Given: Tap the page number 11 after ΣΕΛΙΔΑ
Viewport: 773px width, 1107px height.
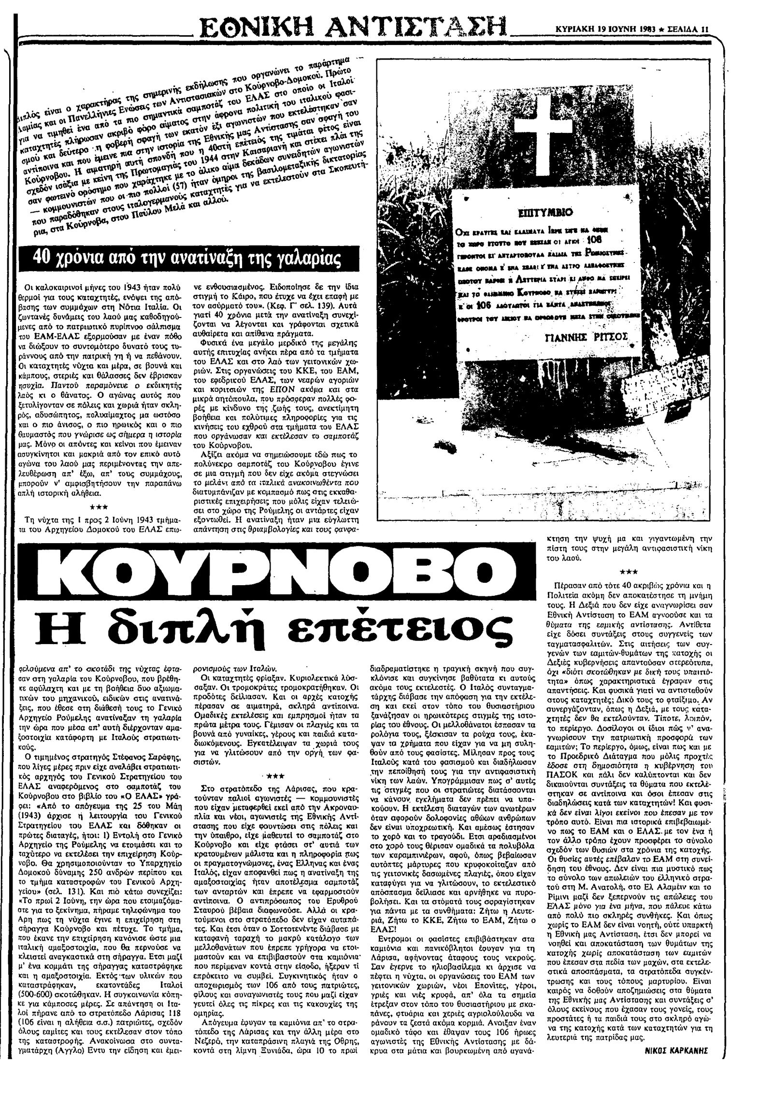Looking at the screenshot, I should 705,29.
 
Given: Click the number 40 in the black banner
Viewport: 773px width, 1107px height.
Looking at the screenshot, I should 40,259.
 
